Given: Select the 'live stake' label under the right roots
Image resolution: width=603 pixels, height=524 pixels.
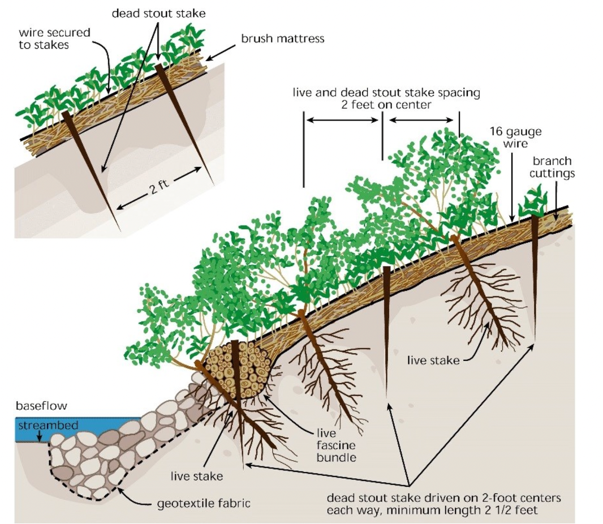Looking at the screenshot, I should click(x=433, y=360).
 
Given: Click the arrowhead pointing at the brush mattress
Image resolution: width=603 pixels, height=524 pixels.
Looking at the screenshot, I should click(x=208, y=58).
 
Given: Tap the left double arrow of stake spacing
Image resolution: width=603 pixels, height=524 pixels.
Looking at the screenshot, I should click(x=342, y=119).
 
